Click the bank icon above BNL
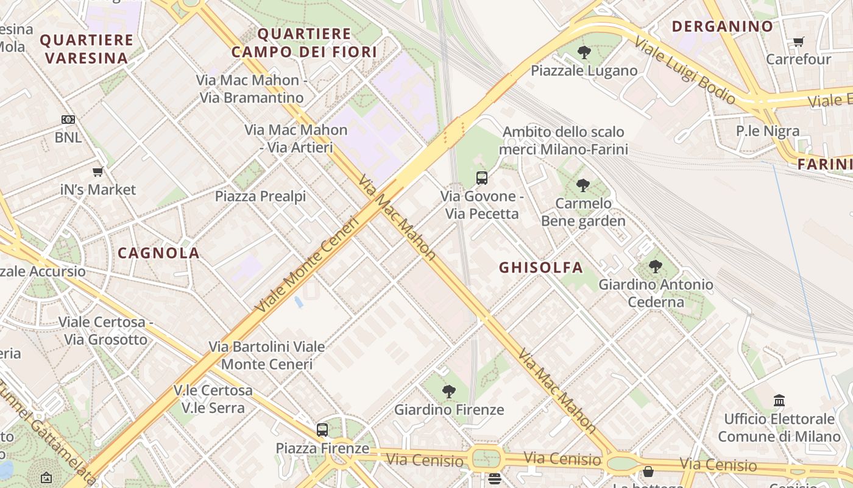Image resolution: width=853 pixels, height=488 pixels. [x=68, y=120]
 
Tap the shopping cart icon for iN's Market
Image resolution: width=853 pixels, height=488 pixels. [x=97, y=172]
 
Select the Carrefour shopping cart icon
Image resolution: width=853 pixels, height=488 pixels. [x=798, y=41]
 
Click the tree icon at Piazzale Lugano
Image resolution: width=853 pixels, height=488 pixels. [x=584, y=52]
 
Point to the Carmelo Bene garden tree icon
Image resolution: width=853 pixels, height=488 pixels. [x=583, y=185]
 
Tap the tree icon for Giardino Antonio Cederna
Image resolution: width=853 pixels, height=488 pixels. [x=656, y=266]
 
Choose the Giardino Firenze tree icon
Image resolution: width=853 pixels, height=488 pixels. [x=449, y=392]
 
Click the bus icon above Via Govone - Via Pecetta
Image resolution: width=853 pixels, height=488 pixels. [x=482, y=178]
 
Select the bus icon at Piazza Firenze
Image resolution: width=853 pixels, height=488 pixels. [x=322, y=430]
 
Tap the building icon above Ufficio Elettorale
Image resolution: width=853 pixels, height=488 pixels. [x=779, y=401]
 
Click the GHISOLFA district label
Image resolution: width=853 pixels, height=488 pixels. [x=541, y=267]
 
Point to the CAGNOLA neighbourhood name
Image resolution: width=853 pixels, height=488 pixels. [x=158, y=253]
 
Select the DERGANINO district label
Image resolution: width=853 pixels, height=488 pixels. [x=722, y=26]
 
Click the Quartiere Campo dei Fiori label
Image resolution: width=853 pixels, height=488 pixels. [x=304, y=43]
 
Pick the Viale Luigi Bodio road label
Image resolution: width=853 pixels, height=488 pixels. [x=685, y=70]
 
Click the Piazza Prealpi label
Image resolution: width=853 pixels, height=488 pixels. [x=260, y=196]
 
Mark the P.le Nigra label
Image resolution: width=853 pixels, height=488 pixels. [x=768, y=131]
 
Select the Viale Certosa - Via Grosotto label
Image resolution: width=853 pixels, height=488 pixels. [x=102, y=331]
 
